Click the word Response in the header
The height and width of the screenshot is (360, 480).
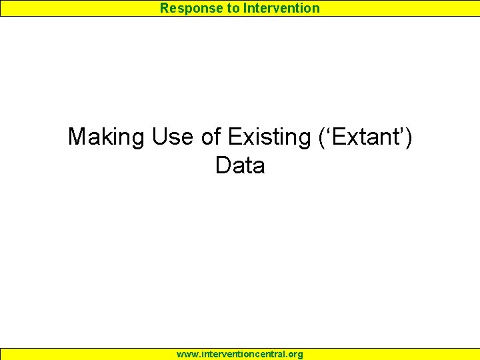point(188,8)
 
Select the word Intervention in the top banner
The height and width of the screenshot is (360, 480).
point(280,8)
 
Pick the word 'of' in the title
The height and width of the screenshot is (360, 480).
point(211,137)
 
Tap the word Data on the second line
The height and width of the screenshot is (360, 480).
point(240,166)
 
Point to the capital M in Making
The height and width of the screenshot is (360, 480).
point(77,137)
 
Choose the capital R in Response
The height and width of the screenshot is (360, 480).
point(165,8)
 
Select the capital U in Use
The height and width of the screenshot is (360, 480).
point(160,137)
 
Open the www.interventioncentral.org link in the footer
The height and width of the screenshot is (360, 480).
point(240,354)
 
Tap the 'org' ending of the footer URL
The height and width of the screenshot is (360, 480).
point(295,355)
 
